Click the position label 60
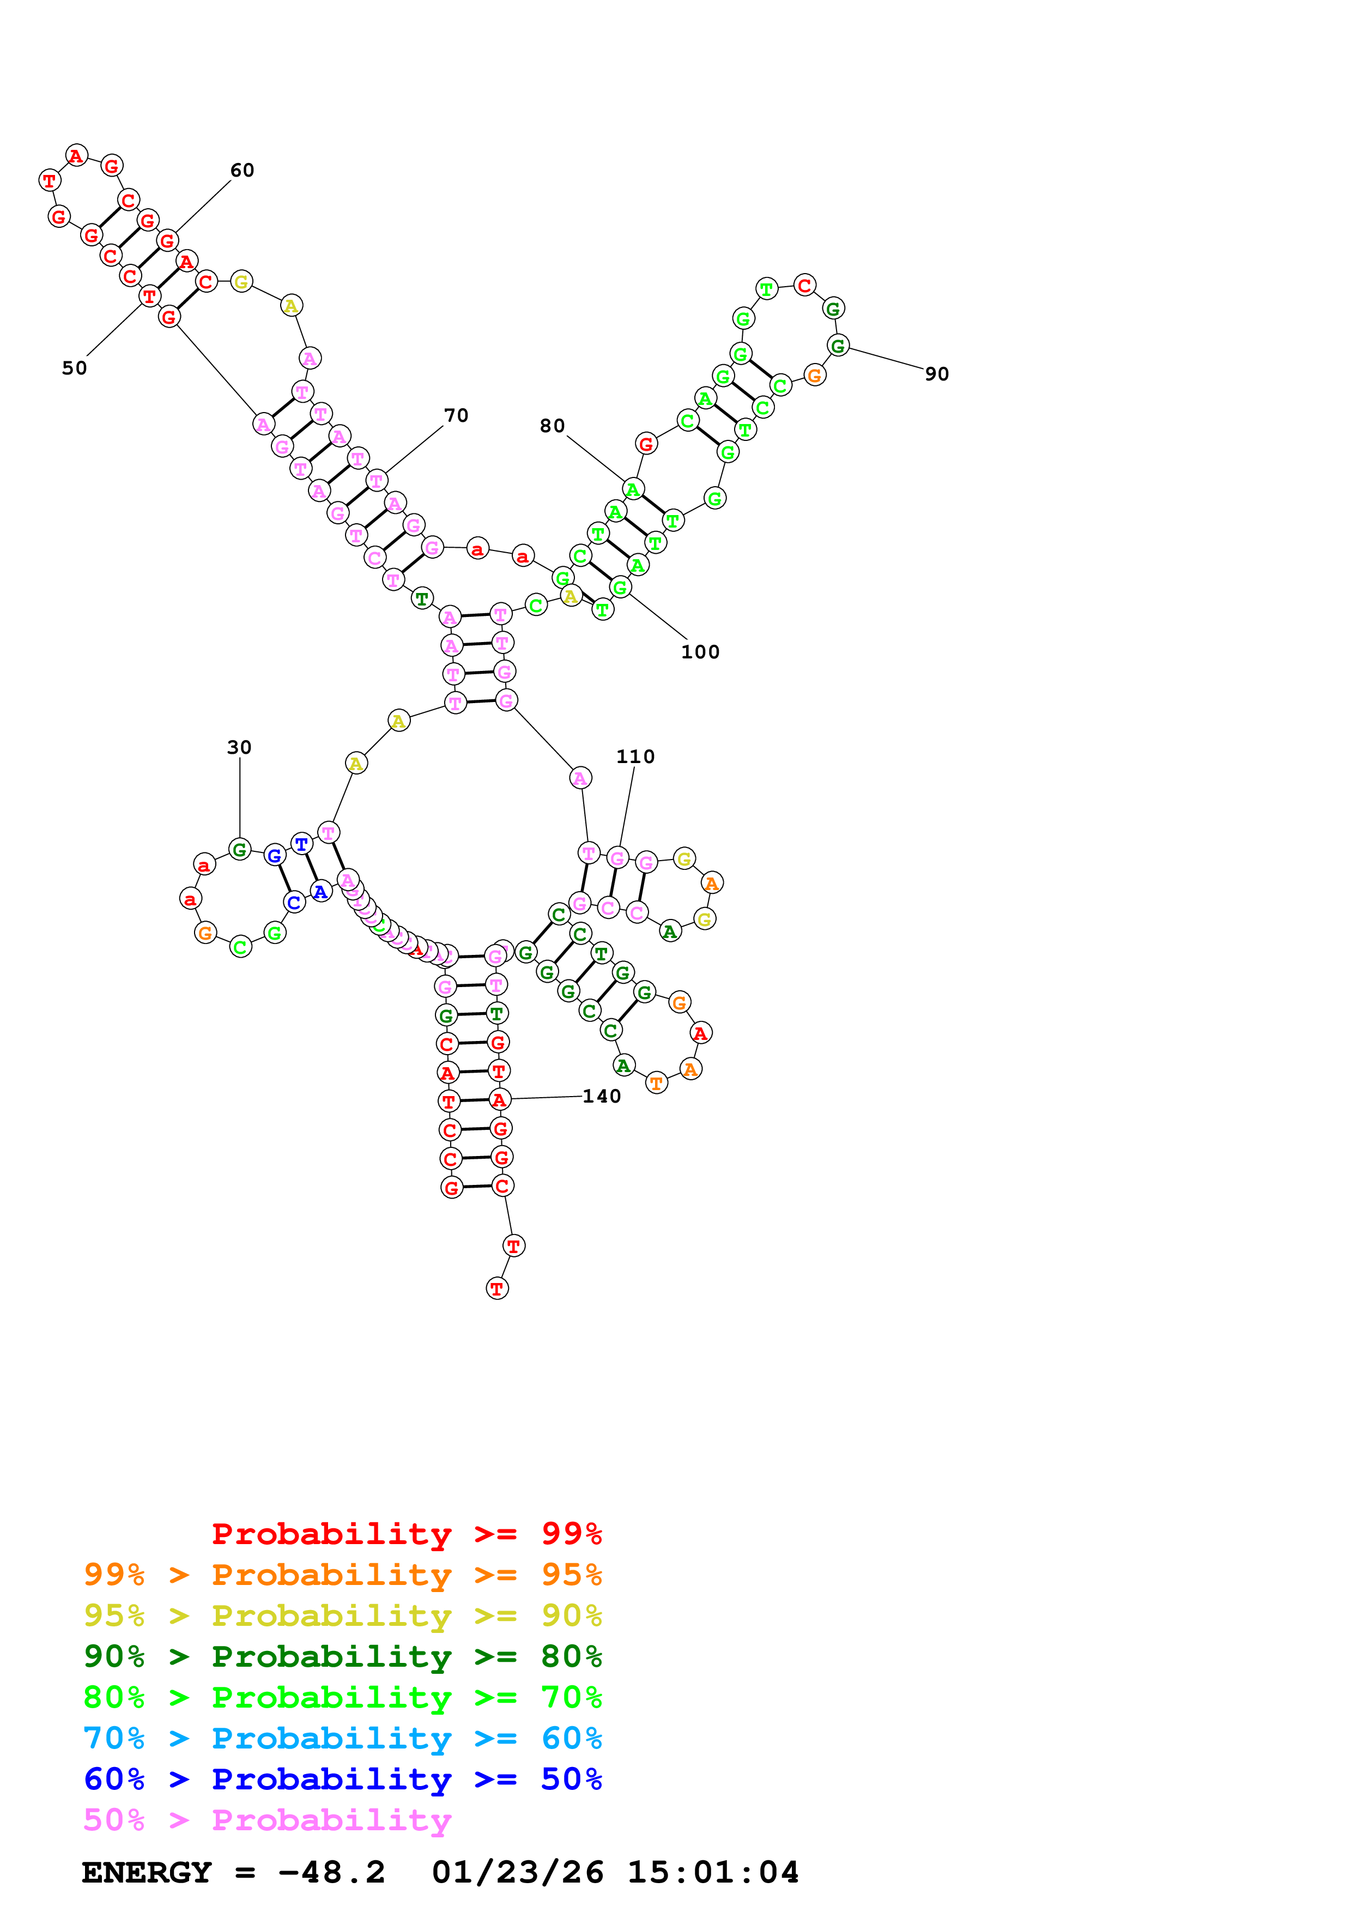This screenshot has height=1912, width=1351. tap(241, 171)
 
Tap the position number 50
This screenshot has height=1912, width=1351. tap(74, 368)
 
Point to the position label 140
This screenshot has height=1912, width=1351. tap(601, 1096)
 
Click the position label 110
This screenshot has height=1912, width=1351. tap(635, 756)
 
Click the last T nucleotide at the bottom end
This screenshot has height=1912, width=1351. tap(497, 1288)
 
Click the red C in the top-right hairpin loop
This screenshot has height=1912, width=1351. tap(804, 285)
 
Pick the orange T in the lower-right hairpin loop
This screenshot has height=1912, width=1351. tap(656, 1082)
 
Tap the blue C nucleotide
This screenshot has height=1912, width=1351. tap(294, 902)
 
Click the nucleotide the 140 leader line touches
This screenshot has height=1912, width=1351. tap(499, 1100)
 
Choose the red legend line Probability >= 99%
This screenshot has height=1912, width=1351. tap(406, 1533)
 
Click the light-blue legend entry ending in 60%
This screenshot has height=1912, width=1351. tap(342, 1738)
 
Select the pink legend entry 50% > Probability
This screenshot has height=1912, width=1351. tap(267, 1819)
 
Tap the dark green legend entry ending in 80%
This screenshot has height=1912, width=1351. tap(342, 1656)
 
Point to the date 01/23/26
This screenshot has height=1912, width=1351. tap(517, 1873)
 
